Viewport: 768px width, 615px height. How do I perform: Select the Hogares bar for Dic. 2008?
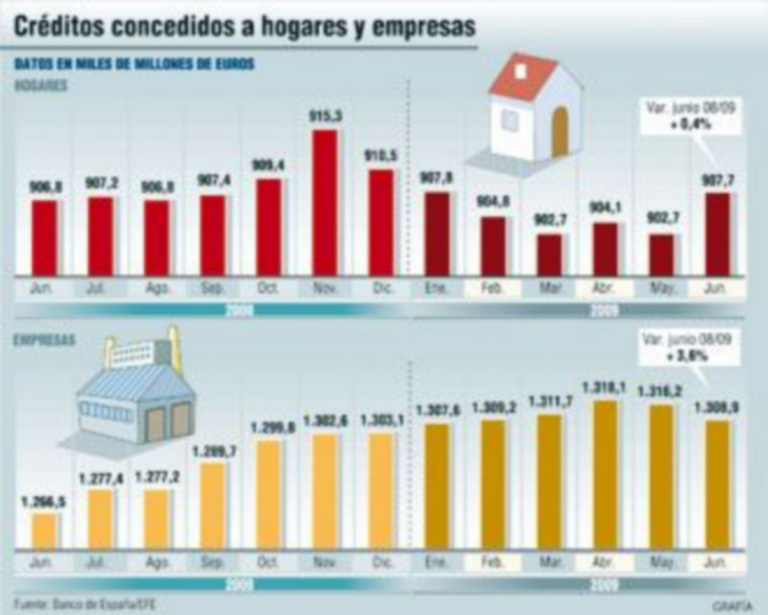(381, 223)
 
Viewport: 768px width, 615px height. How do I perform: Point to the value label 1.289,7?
(213, 451)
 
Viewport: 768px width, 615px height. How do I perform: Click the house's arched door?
(560, 132)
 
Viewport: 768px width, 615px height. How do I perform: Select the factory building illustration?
(134, 394)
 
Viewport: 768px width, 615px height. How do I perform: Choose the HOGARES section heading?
(40, 86)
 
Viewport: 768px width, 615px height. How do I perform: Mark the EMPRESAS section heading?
(44, 340)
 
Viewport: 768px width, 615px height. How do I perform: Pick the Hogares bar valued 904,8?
(493, 246)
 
